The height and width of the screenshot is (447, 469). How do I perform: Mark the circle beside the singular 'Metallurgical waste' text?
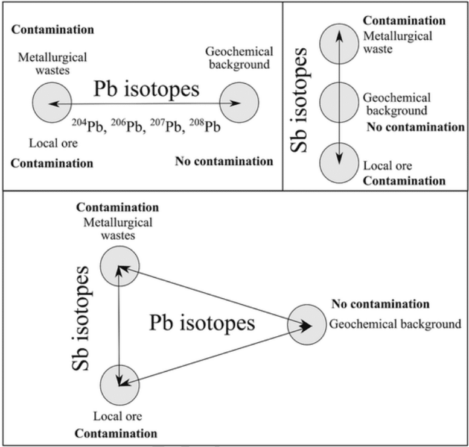(340, 43)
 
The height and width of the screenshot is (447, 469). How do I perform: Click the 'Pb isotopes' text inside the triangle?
(202, 324)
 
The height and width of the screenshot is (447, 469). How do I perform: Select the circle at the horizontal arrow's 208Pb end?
(239, 104)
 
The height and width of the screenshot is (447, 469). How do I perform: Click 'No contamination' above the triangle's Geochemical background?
(380, 304)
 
